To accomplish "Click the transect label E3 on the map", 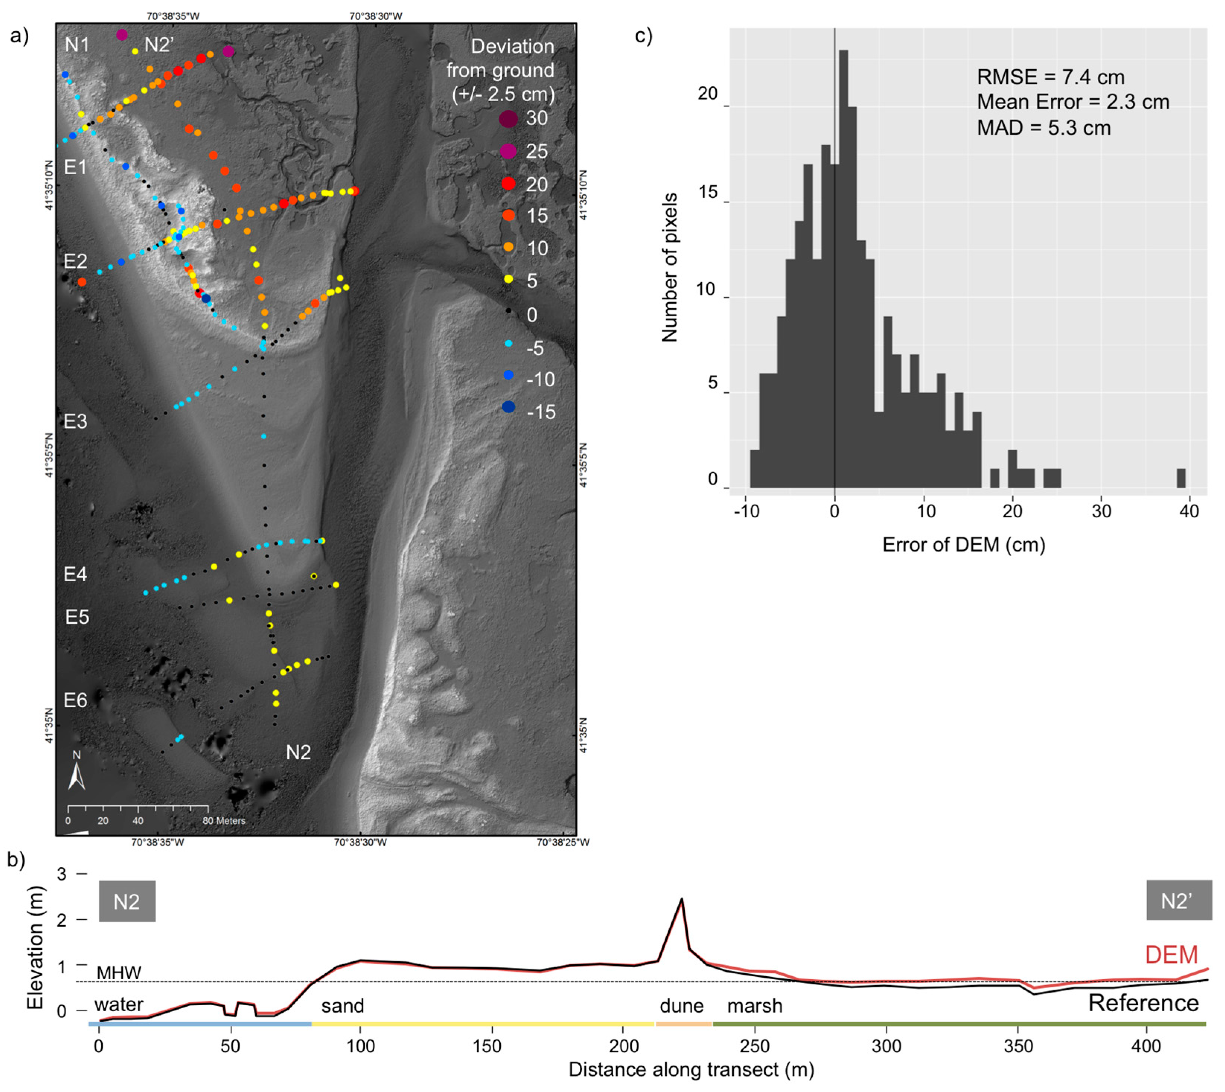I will click(x=76, y=422).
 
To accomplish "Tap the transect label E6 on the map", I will click(x=76, y=700).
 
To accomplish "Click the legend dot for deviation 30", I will click(x=508, y=119).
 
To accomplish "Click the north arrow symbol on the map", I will click(x=76, y=776).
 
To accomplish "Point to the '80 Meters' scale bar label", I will click(x=224, y=821).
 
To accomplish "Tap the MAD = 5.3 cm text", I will click(x=1044, y=128).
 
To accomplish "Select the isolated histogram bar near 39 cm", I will click(x=1181, y=478).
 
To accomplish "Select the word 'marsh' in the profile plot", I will click(x=755, y=1006).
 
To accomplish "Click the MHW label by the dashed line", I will click(x=119, y=973).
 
